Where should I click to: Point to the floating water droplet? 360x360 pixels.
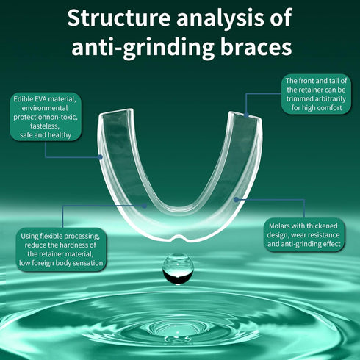(x=178, y=269)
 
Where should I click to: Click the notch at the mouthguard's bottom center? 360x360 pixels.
(x=178, y=238)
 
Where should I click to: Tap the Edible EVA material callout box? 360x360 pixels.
(x=46, y=117)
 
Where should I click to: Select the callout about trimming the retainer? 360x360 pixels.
(x=316, y=94)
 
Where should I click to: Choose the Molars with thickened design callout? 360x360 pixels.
(x=304, y=234)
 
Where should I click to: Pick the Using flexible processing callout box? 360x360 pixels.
(x=61, y=250)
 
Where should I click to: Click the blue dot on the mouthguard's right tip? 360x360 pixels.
(x=246, y=115)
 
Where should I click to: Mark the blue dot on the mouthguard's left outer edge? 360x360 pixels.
(x=100, y=157)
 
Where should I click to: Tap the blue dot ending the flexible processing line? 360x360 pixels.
(x=145, y=206)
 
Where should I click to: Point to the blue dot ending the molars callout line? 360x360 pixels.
(x=236, y=200)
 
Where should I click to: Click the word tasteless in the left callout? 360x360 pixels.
(x=45, y=126)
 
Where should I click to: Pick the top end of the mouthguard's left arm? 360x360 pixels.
(x=115, y=112)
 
